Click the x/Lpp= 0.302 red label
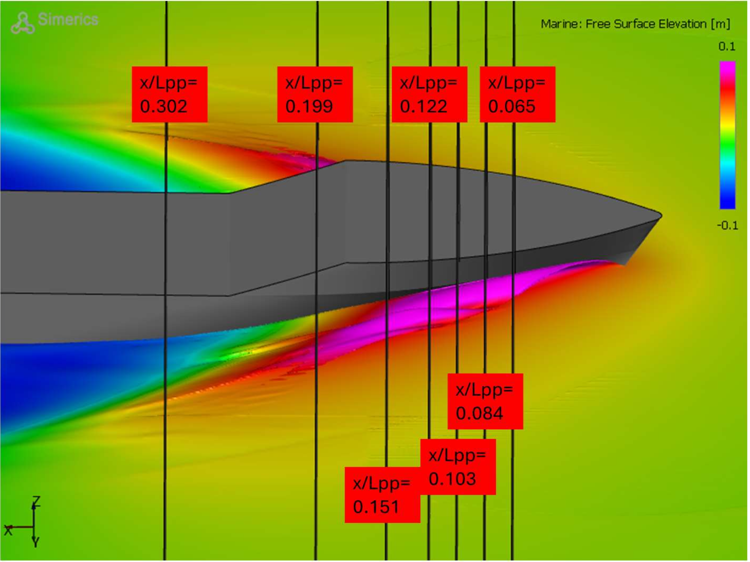click(x=169, y=94)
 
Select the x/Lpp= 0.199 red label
click(x=315, y=94)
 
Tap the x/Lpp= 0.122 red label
click(x=429, y=94)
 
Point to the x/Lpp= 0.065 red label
click(x=517, y=94)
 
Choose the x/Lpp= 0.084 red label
click(x=485, y=401)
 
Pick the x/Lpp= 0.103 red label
click(x=458, y=467)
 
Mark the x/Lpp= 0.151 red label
click(x=382, y=495)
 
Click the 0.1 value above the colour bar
click(x=727, y=46)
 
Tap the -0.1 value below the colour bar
click(x=727, y=226)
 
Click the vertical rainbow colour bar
click(x=727, y=135)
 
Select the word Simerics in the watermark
click(x=68, y=20)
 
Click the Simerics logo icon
click(x=23, y=23)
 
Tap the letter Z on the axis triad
click(x=36, y=502)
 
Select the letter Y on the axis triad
click(x=35, y=542)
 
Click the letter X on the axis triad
click(x=8, y=530)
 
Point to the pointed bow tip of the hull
click(x=661, y=216)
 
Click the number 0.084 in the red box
click(x=479, y=414)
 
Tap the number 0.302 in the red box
click(x=164, y=106)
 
